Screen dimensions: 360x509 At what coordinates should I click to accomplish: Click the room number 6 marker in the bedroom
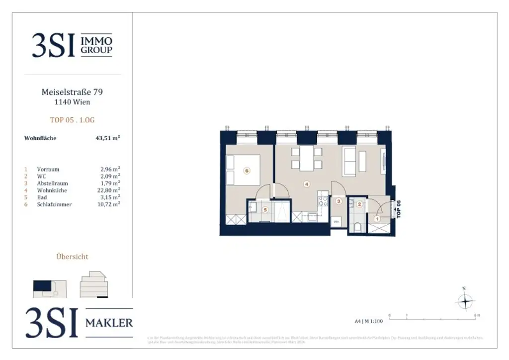point(247,171)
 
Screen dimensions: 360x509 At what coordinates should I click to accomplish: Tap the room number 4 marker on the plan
point(307,184)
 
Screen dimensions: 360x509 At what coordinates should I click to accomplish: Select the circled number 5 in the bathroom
point(265,210)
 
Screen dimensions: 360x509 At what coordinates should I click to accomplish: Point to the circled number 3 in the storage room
point(339,201)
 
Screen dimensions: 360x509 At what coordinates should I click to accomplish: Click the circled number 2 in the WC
point(359,204)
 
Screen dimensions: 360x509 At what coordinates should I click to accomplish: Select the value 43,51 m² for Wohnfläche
point(108,138)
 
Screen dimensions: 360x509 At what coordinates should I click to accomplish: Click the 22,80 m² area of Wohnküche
point(110,190)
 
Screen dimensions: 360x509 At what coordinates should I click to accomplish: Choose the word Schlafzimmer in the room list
point(54,204)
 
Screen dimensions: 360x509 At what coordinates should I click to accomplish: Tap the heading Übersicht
point(73,257)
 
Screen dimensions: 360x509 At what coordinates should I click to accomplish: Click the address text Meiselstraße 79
point(73,92)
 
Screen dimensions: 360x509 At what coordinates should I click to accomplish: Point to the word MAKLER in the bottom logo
point(109,323)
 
